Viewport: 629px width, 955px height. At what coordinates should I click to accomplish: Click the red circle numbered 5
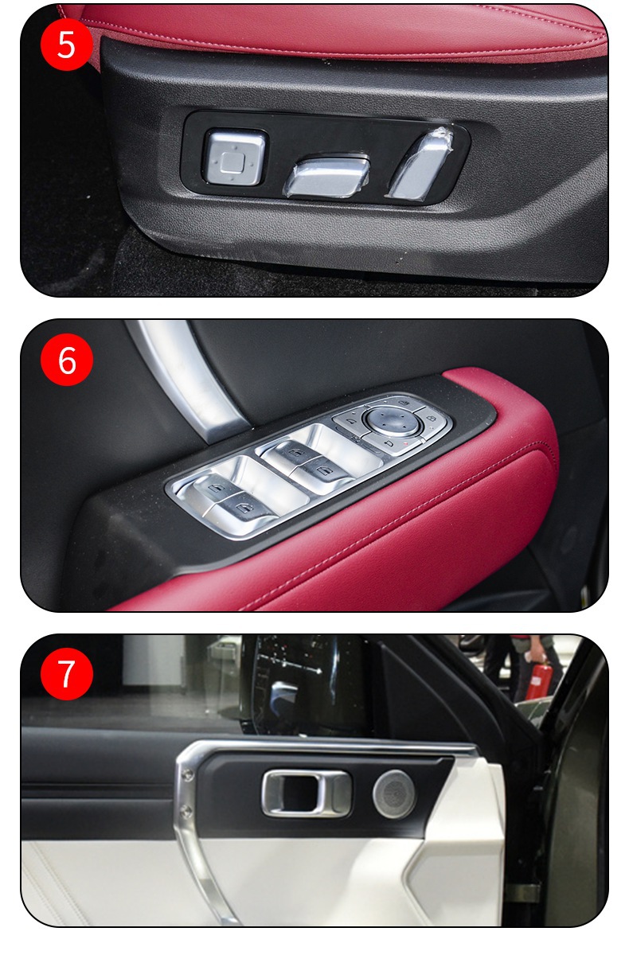pos(67,45)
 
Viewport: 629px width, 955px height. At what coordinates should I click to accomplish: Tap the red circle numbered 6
pos(67,360)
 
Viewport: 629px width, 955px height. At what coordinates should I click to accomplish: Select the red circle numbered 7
pos(67,674)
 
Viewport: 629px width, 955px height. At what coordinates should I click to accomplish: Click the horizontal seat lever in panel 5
pos(326,177)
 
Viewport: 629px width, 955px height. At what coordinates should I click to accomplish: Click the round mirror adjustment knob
pos(393,420)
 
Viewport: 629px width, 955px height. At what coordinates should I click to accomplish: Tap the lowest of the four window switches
pos(243,508)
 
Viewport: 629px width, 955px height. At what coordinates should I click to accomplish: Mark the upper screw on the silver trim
pos(186,774)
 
